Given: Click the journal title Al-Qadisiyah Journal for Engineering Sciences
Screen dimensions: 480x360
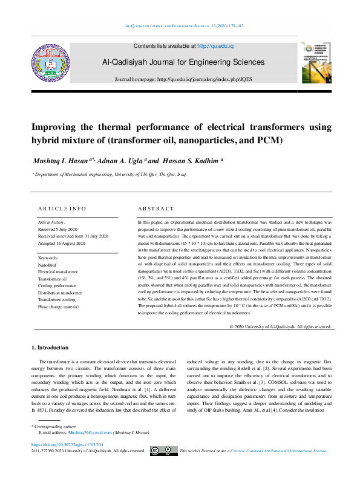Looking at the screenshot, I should coord(183,62).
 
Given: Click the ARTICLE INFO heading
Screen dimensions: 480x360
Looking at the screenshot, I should coord(62,209).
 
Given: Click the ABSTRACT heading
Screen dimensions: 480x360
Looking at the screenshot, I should coord(156,209).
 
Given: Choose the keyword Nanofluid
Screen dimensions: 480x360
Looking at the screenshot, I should coord(48,265).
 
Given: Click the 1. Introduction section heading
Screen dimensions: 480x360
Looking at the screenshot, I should coord(54,348).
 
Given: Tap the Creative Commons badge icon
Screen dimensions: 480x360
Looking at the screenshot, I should coord(163,450).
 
